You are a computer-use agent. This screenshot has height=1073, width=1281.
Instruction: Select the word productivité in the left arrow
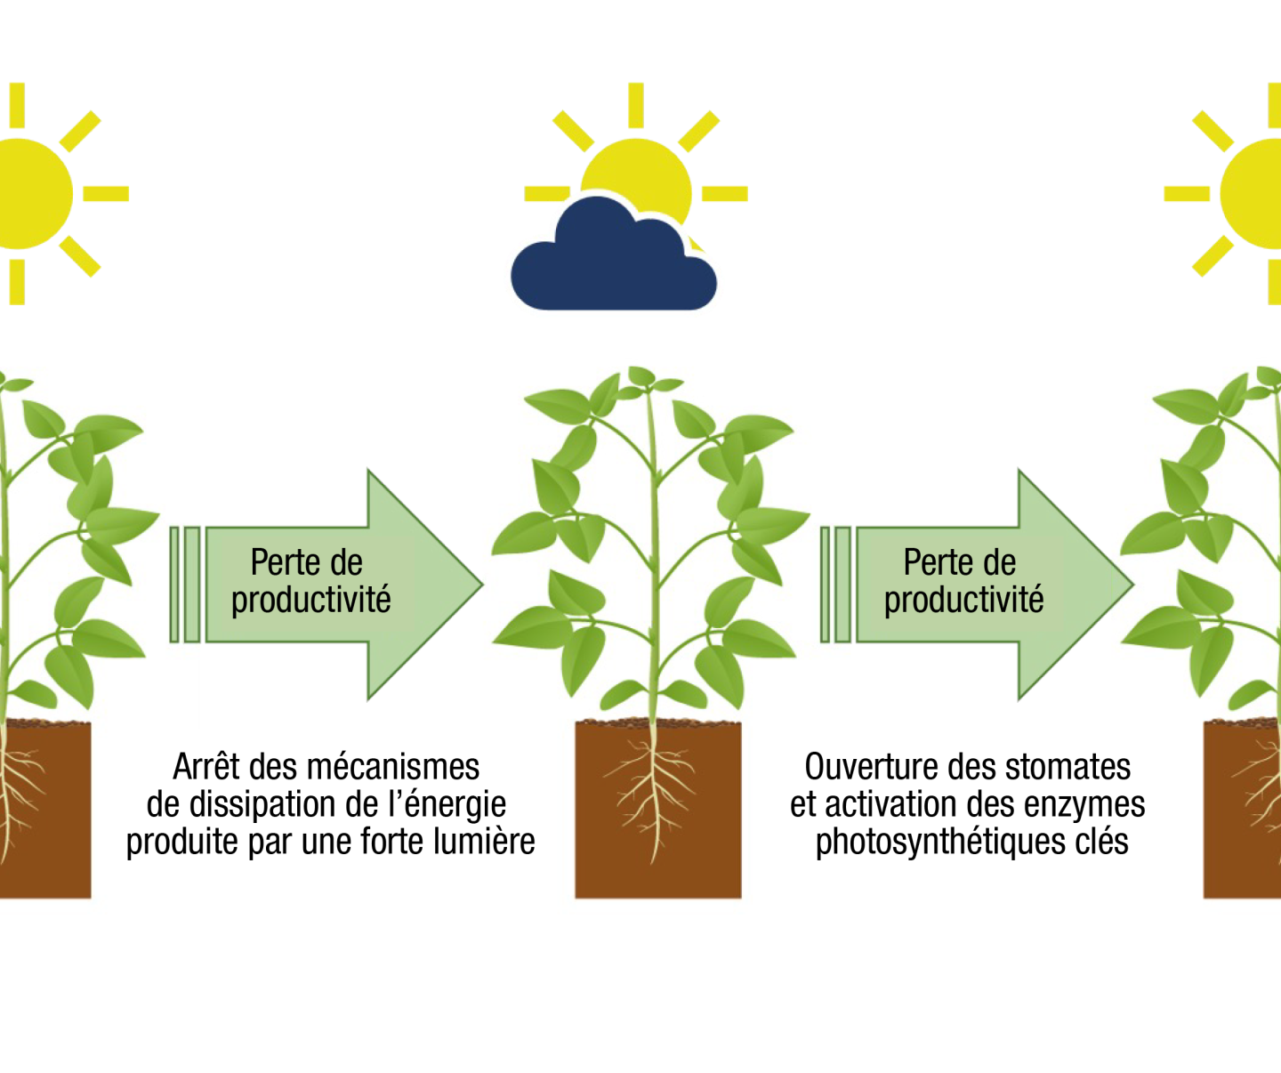(311, 601)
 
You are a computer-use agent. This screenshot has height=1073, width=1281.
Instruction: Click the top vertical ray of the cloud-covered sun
(635, 105)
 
